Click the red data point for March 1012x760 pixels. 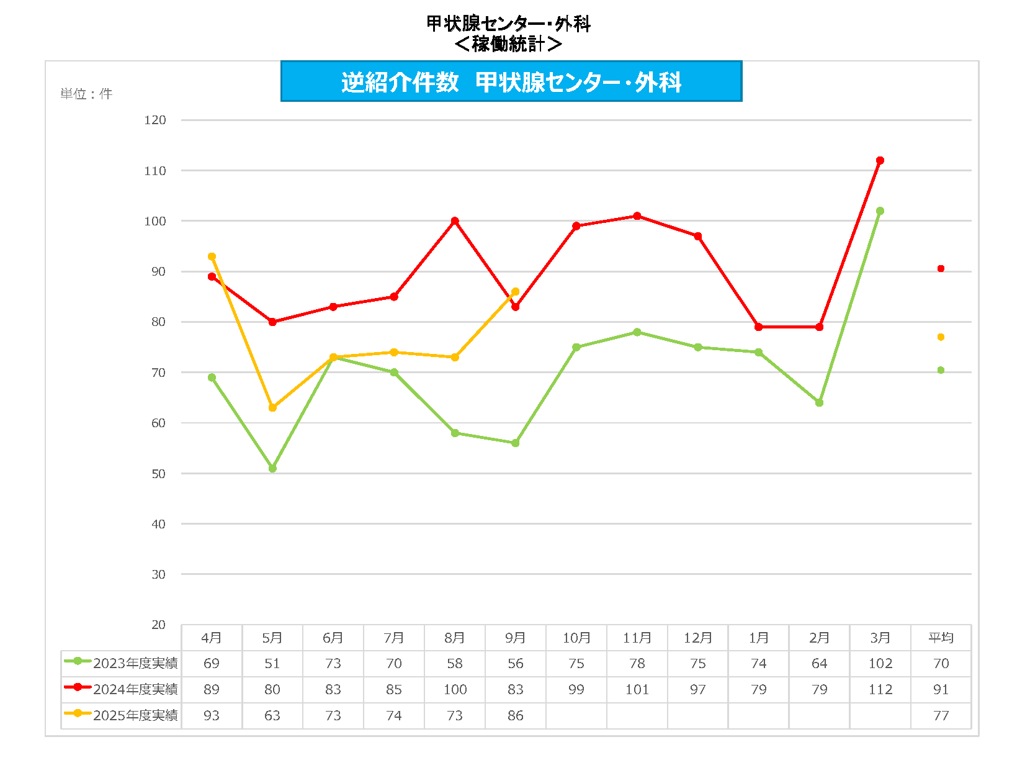click(x=880, y=161)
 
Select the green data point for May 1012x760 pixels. click(x=272, y=468)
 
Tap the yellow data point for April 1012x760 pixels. click(x=212, y=256)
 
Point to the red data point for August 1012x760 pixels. click(x=455, y=221)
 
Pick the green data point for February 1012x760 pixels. click(x=819, y=403)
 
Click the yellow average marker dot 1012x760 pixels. click(x=941, y=337)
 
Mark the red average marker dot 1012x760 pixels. click(x=941, y=269)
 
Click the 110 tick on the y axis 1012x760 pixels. click(x=155, y=171)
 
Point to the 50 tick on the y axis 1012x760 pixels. click(x=158, y=474)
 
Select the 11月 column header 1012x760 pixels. click(x=637, y=638)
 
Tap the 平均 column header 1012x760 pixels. click(x=941, y=638)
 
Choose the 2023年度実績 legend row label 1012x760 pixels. click(x=135, y=664)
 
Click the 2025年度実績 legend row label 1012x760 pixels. click(x=135, y=716)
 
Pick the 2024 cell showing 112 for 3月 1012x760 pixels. click(x=880, y=690)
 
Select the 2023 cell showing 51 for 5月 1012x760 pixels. click(x=272, y=664)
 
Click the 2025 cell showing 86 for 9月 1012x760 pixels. click(x=516, y=716)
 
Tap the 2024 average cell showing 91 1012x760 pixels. click(x=941, y=690)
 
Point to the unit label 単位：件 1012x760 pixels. click(x=86, y=94)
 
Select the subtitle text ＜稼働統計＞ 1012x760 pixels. click(x=508, y=44)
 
